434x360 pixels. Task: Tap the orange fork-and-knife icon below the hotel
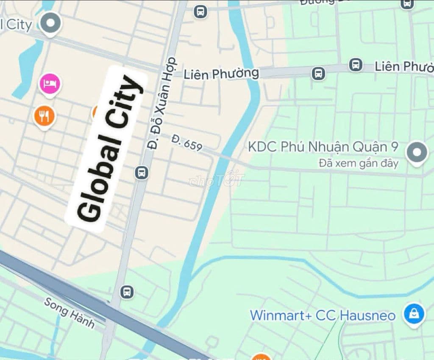click(x=44, y=115)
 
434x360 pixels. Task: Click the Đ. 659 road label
click(x=187, y=143)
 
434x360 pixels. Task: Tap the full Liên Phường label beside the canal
click(x=221, y=74)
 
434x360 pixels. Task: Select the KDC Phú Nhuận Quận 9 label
click(x=323, y=147)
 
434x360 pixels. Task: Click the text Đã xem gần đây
click(x=358, y=163)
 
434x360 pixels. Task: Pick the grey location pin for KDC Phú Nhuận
click(x=417, y=152)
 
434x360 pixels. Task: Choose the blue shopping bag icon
click(x=414, y=314)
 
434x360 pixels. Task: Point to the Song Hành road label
click(x=69, y=313)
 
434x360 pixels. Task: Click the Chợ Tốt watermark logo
click(x=217, y=180)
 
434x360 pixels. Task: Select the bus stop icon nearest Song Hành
click(x=127, y=292)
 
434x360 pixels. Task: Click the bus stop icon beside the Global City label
click(x=142, y=173)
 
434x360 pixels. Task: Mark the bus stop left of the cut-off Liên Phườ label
click(x=356, y=65)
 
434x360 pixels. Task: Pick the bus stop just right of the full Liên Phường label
click(x=318, y=74)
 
